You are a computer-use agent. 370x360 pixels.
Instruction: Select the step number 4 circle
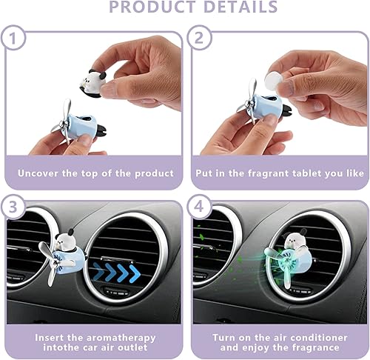[x=201, y=210]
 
